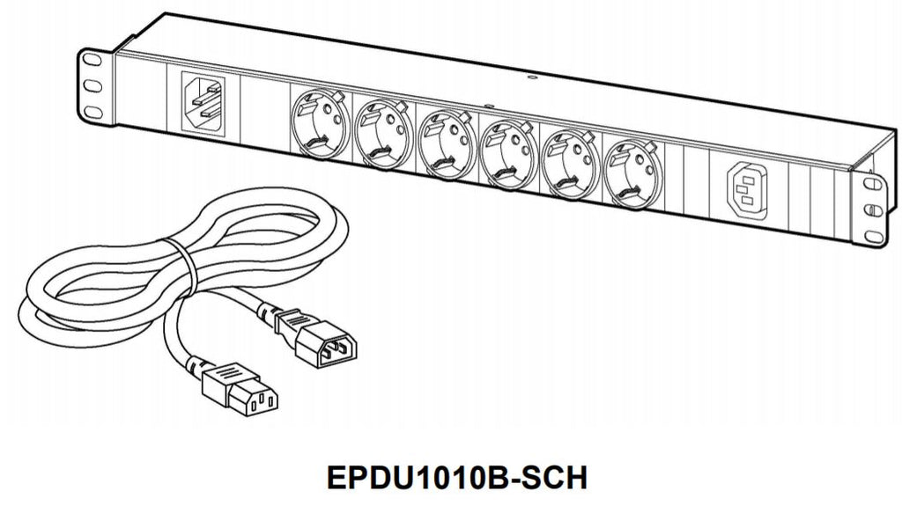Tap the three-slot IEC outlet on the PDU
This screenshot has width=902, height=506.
[743, 188]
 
